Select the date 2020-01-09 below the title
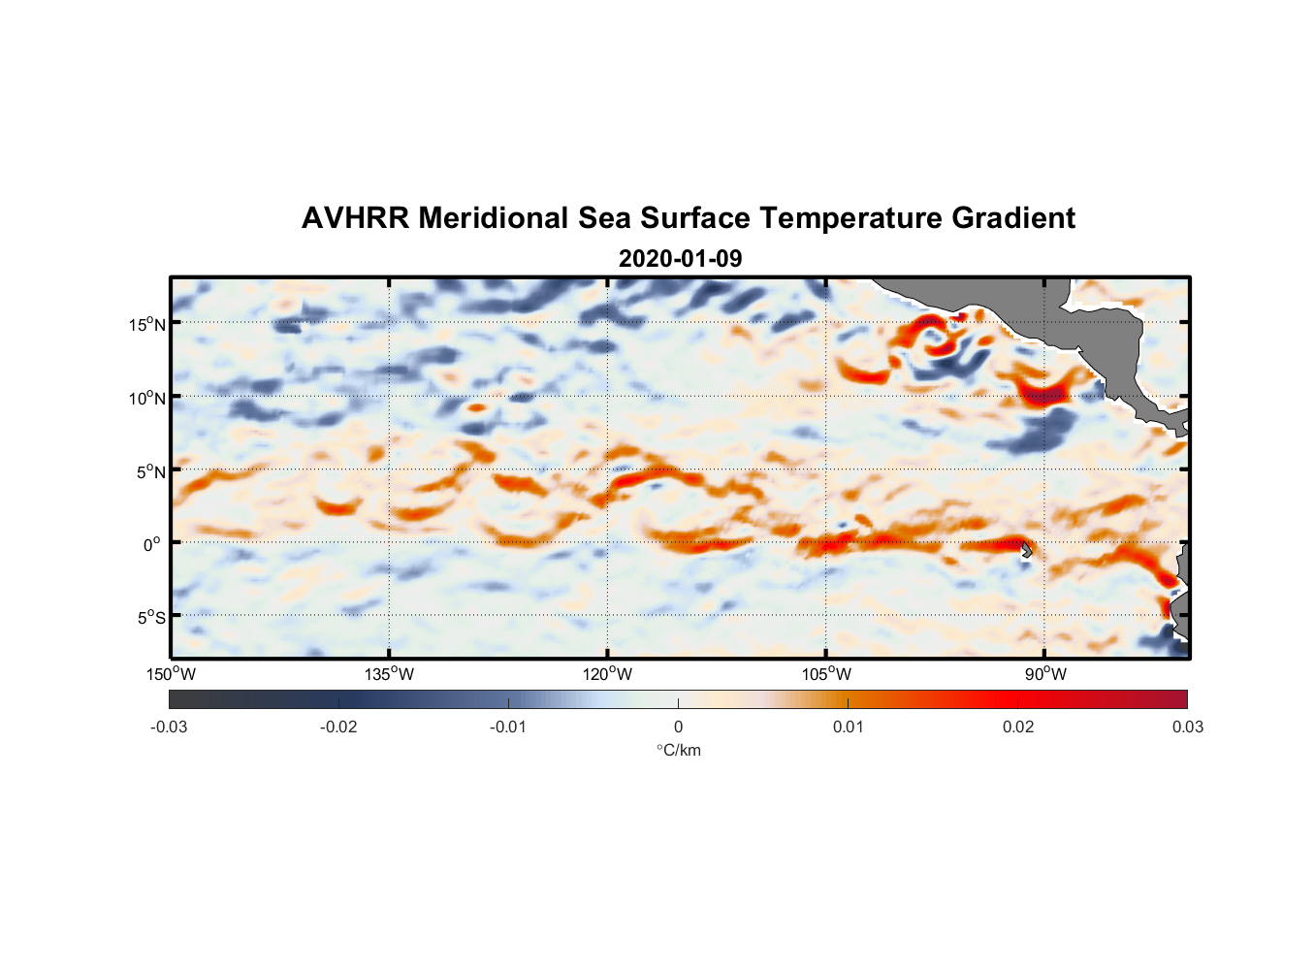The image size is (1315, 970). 680,259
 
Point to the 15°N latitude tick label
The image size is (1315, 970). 147,324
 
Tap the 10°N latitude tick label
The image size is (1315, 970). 147,398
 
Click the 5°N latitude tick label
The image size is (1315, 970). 150,471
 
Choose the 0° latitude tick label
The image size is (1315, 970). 152,544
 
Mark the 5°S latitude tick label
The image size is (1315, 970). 150,617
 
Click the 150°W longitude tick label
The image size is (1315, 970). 172,674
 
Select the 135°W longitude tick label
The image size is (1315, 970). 390,674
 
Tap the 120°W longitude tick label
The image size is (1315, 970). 608,674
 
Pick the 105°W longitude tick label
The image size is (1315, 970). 826,674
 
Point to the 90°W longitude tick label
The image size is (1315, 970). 1045,674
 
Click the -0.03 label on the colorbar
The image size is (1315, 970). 169,727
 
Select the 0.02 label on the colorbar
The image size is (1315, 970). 1018,727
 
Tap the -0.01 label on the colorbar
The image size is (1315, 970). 508,727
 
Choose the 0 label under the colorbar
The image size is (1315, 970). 678,727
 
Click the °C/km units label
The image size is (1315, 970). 678,750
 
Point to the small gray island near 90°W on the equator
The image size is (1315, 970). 1026,550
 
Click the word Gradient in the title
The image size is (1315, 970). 1013,218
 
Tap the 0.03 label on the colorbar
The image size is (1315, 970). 1187,727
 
